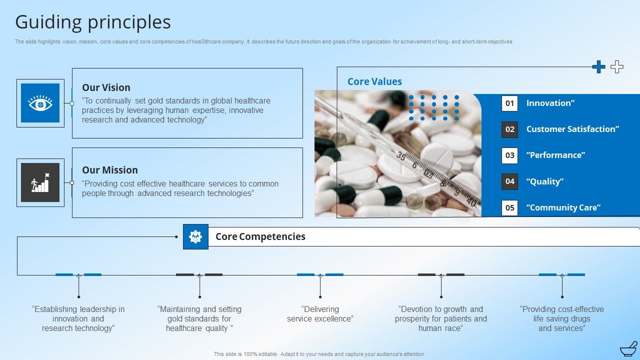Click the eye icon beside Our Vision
[x=40, y=103]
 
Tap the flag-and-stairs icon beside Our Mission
[x=40, y=182]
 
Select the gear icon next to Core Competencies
[x=195, y=236]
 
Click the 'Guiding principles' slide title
[x=93, y=22]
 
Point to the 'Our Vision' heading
[x=106, y=87]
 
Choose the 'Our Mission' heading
[x=109, y=170]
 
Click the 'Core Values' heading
[x=374, y=81]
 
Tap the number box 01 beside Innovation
[x=509, y=103]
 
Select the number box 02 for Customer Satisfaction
[x=509, y=129]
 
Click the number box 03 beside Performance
[x=509, y=155]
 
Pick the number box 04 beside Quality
[x=509, y=181]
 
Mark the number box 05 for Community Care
[x=509, y=207]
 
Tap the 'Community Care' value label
[x=563, y=207]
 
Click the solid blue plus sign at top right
[x=598, y=67]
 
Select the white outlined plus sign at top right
[x=617, y=67]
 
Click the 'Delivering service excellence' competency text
[x=320, y=314]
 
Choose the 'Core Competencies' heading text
[x=260, y=236]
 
